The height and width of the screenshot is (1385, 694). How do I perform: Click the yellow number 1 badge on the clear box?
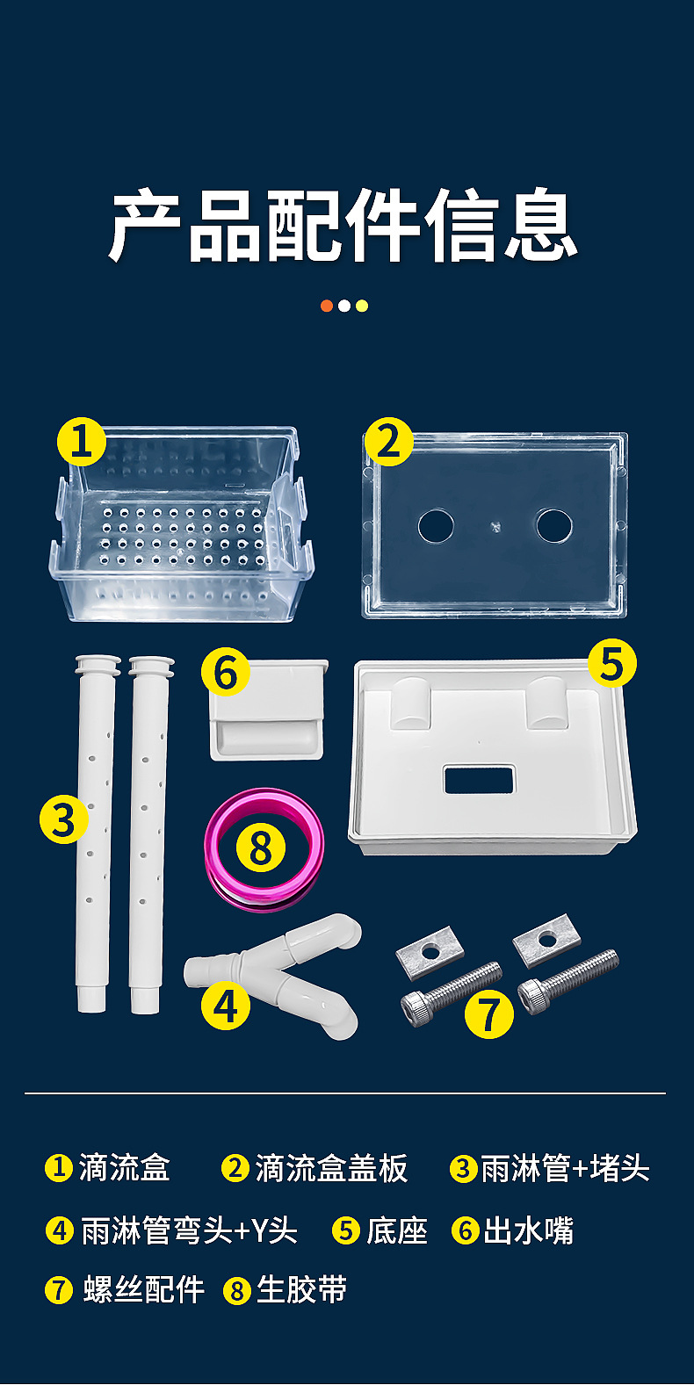81,442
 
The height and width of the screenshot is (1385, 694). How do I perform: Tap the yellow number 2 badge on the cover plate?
388,442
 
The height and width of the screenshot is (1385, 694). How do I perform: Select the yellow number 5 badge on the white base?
611,663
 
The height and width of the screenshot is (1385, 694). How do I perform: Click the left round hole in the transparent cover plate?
436,526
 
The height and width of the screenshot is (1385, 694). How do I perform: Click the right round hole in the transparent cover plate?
554,525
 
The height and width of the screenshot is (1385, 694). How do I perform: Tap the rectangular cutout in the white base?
479,779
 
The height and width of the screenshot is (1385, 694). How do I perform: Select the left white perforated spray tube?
94,833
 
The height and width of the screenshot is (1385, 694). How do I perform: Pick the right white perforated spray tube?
148,834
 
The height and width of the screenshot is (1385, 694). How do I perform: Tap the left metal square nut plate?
430,953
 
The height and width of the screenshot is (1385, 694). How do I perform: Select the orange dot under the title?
327,306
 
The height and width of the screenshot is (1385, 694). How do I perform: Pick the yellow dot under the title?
362,306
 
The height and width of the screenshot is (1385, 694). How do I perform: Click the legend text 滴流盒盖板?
331,1169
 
